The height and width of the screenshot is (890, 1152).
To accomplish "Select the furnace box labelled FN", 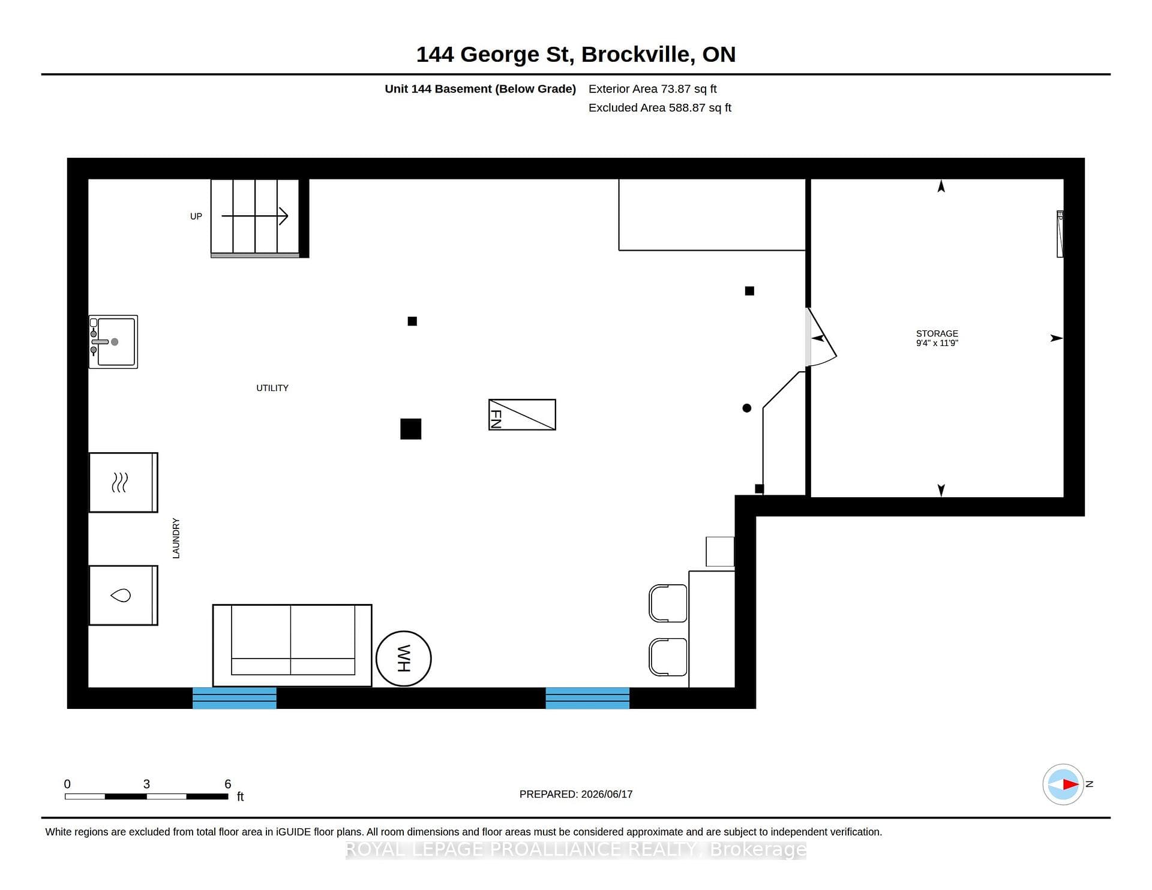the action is (x=522, y=414).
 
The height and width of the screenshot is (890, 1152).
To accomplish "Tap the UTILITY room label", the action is (x=272, y=388).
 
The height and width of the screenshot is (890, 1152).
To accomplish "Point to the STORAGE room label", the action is (x=937, y=333).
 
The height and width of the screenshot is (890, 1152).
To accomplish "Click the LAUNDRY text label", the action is (x=176, y=539).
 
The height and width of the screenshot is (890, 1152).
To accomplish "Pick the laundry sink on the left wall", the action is (x=113, y=342).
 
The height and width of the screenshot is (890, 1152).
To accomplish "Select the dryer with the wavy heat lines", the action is (x=124, y=483).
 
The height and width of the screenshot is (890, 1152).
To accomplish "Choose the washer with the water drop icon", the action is (x=124, y=596).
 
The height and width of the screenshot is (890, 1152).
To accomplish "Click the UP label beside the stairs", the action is (x=196, y=217).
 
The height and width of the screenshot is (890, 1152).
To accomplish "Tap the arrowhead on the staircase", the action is (x=284, y=216).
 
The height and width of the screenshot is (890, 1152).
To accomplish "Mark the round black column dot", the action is (x=747, y=408).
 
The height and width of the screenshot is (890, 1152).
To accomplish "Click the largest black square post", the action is (x=411, y=429).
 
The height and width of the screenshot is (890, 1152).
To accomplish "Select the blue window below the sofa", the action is (x=235, y=698).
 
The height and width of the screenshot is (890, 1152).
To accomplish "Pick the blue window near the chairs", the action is (x=587, y=698).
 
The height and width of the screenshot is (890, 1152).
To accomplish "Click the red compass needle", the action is (x=1071, y=784).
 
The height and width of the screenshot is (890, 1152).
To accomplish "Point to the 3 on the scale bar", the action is (x=146, y=784).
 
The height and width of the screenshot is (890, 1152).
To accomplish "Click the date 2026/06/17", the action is (x=607, y=794).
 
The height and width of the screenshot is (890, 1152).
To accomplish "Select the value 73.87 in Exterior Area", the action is (x=676, y=89).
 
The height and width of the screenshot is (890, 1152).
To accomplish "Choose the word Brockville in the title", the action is (x=635, y=55).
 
